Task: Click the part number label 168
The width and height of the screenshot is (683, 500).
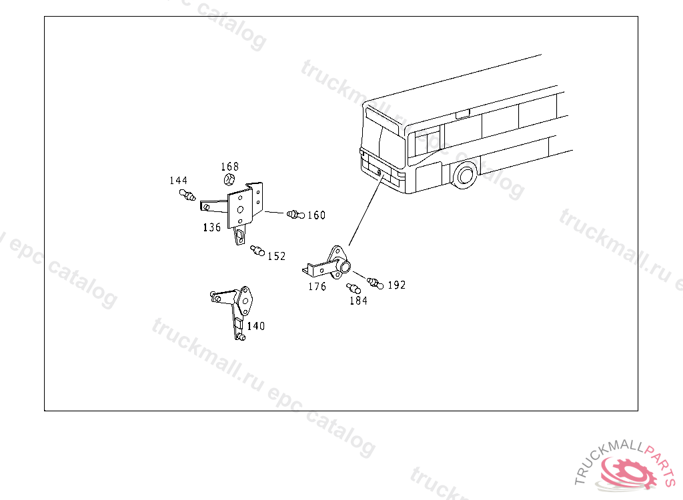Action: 229,167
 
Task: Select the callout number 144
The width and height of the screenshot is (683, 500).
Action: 179,181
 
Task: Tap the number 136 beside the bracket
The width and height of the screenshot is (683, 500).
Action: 211,227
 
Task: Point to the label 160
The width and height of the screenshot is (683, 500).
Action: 317,215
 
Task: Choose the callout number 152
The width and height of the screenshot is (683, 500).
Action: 277,257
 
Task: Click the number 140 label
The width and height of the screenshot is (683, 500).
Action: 255,326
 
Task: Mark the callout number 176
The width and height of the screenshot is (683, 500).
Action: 317,287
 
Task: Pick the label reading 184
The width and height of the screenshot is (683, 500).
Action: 358,301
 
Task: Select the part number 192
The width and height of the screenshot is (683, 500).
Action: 397,285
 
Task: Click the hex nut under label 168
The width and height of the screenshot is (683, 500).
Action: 229,179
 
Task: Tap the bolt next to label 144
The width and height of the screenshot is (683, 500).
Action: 187,195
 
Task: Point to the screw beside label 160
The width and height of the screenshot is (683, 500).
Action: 295,214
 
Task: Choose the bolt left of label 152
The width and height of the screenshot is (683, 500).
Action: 257,251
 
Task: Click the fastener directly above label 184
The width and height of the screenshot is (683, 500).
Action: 354,289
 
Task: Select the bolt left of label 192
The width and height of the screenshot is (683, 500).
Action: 375,283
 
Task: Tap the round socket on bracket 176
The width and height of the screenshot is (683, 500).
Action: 345,266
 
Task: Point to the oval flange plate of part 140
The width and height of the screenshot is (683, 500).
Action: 245,301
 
